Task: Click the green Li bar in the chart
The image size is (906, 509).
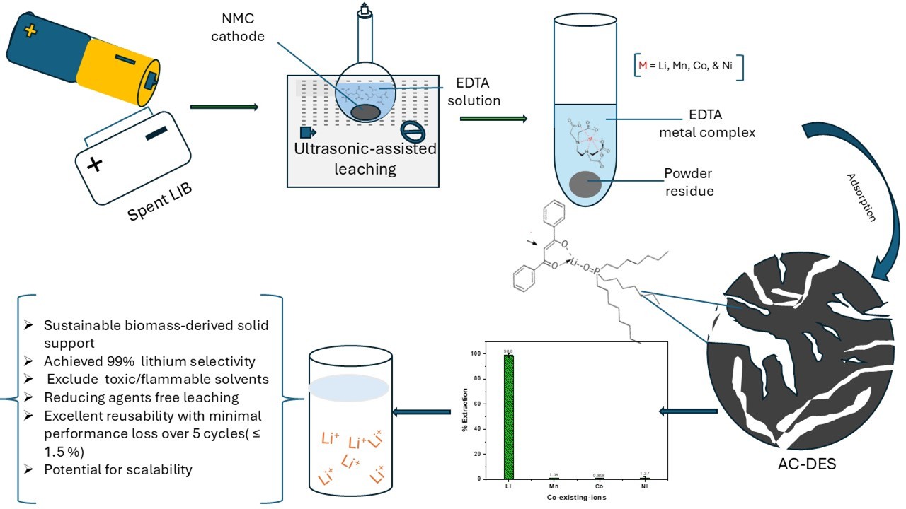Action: [x=508, y=416]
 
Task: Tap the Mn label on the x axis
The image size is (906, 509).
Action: [x=554, y=487]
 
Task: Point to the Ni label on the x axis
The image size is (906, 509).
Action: [x=644, y=487]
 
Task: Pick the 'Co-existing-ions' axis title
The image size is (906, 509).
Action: [x=575, y=498]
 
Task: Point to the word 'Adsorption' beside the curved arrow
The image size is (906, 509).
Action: [x=862, y=197]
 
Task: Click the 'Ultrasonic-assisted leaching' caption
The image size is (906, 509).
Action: [x=366, y=159]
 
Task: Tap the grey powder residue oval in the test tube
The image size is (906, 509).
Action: [x=585, y=184]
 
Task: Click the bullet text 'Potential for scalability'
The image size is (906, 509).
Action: [x=117, y=469]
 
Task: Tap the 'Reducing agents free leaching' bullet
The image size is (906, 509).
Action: [x=141, y=397]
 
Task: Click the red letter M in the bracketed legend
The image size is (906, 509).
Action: [x=643, y=65]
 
